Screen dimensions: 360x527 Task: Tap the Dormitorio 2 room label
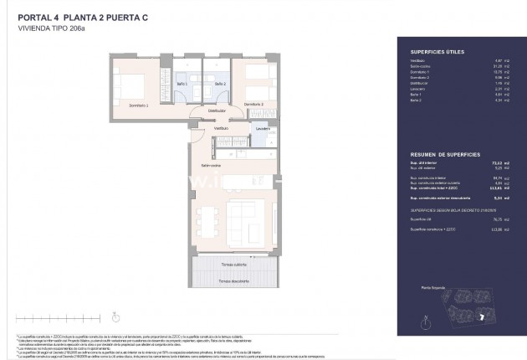click(254, 104)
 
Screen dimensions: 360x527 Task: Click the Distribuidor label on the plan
click(217, 110)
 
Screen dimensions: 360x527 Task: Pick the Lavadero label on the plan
click(263, 129)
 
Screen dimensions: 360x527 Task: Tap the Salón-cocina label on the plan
click(211, 165)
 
